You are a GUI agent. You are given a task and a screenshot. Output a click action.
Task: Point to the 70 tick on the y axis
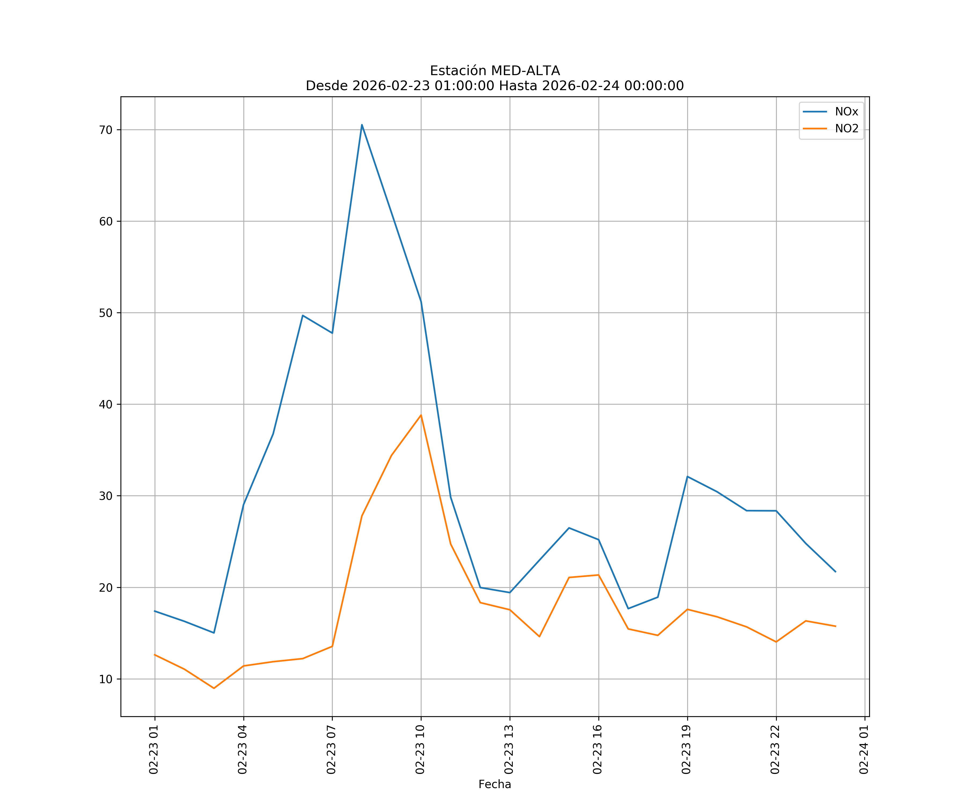pos(106,130)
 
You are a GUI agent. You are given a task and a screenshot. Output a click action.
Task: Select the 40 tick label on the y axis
pos(106,404)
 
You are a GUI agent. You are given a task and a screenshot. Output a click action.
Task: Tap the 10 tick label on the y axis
pos(106,679)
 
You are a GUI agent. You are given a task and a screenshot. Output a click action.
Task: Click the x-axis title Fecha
pos(495,784)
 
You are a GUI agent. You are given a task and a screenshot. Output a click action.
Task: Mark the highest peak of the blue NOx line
pos(362,125)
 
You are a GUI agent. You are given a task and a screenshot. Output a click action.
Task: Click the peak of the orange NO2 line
pos(421,415)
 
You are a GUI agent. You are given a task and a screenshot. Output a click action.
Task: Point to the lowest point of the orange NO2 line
pos(214,688)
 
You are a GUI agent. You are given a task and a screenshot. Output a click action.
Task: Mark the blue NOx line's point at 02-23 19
pos(687,477)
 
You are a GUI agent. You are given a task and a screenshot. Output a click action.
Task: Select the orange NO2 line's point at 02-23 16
pos(598,575)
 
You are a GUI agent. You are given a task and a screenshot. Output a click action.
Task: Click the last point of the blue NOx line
pos(835,572)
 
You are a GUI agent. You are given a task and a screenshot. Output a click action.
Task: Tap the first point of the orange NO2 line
pos(155,654)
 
